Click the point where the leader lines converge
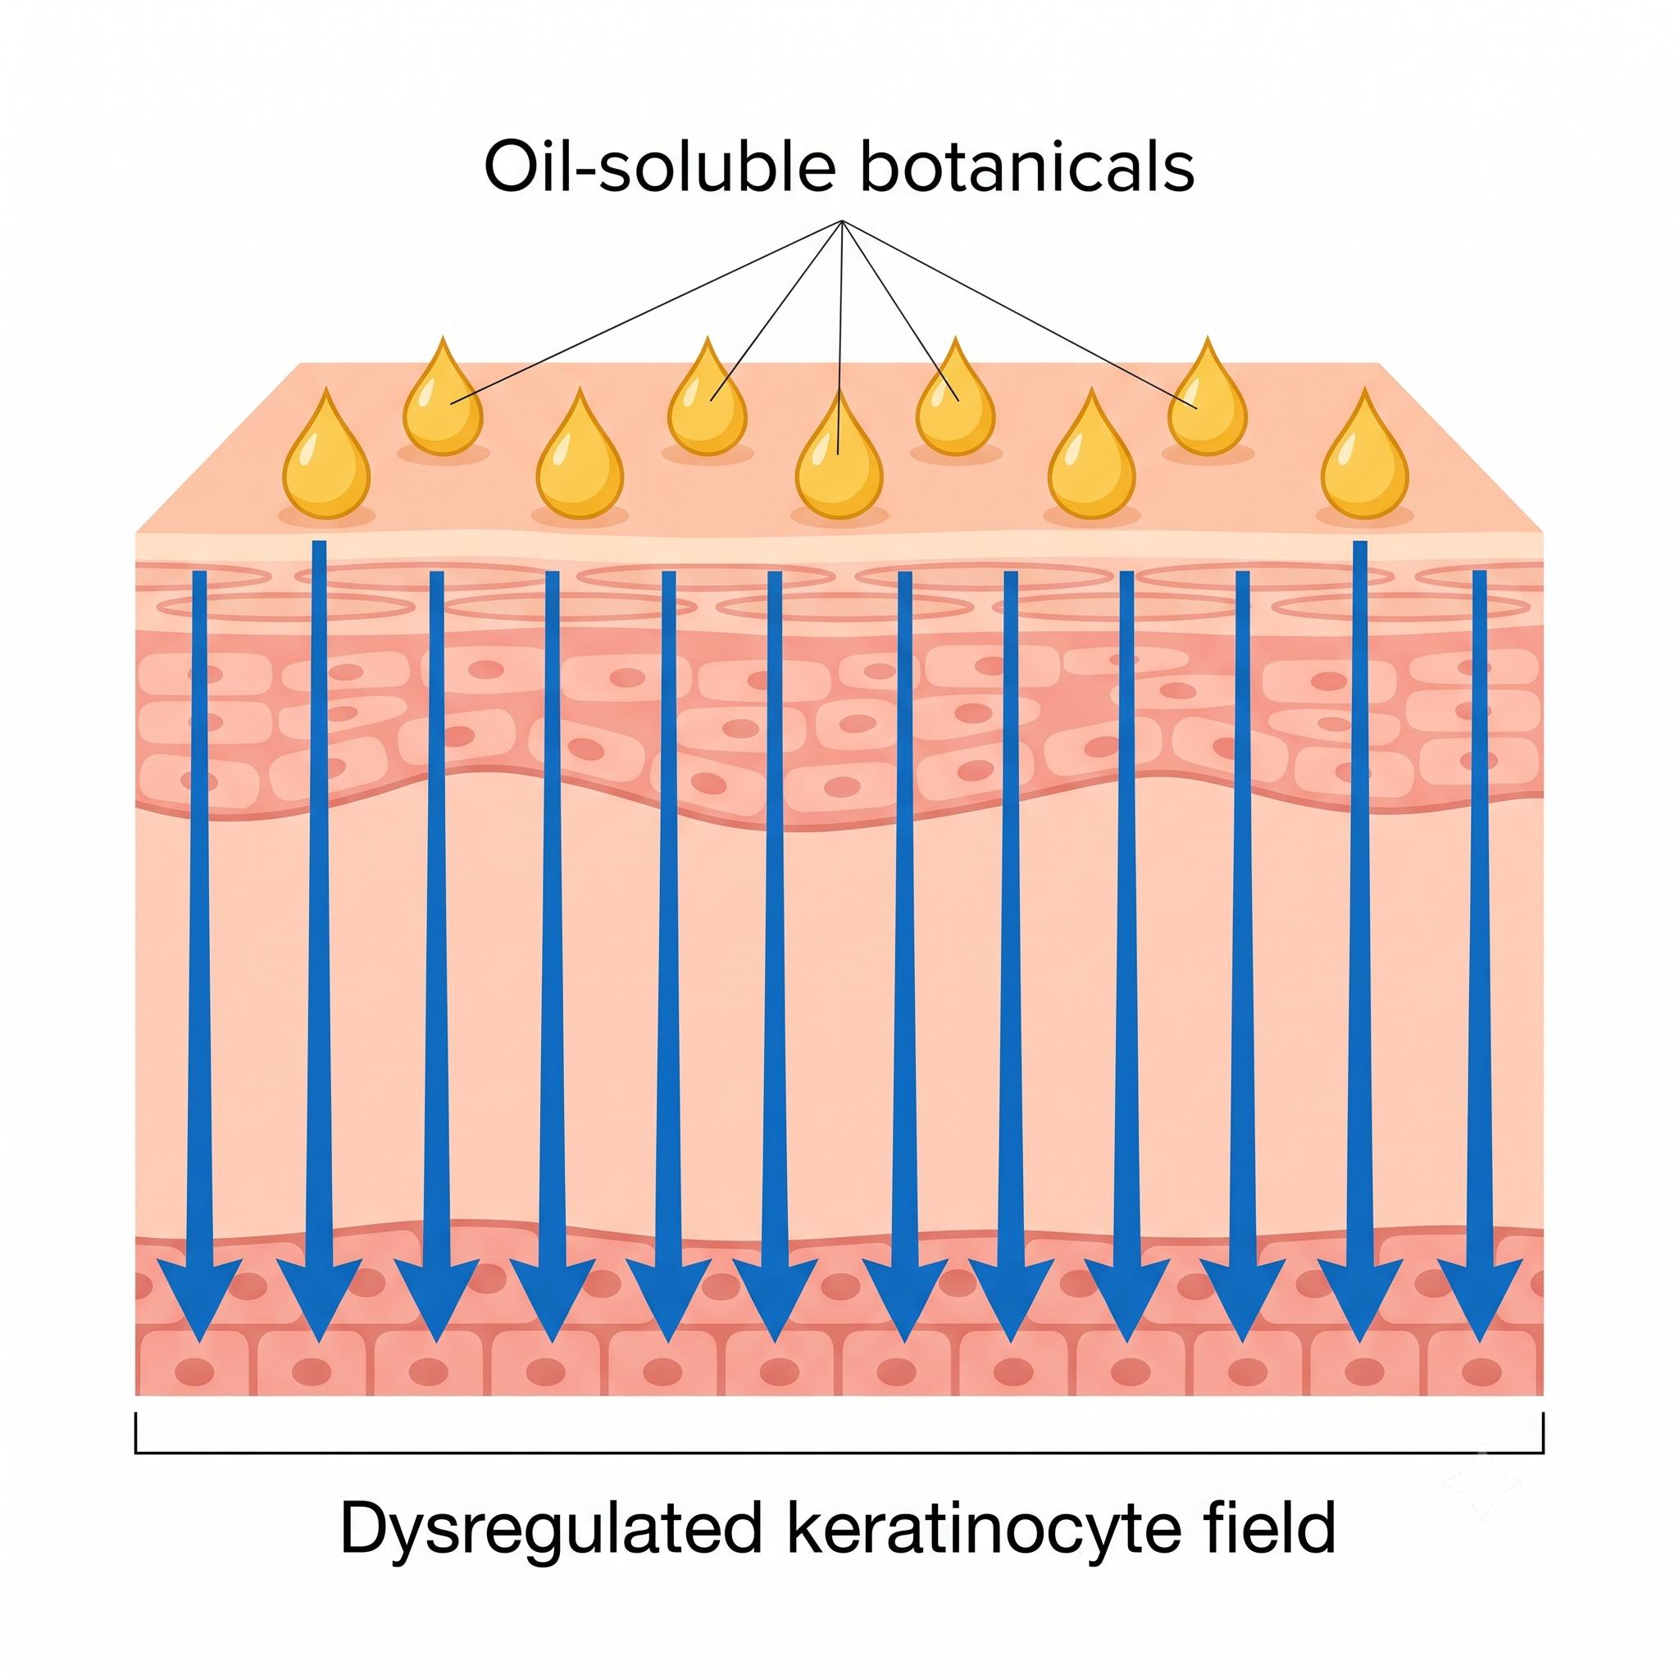click(841, 221)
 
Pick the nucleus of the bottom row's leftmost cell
click(194, 1372)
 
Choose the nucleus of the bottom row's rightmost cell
click(1481, 1372)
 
